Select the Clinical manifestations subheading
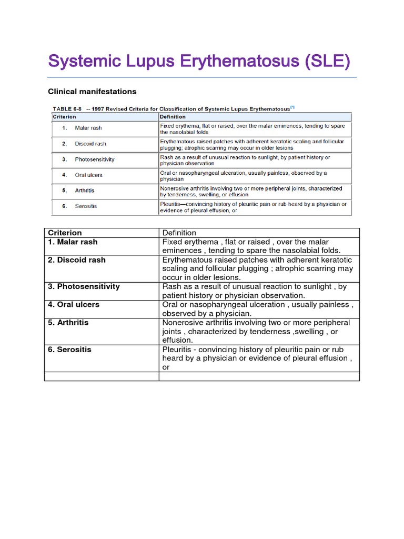[92, 92]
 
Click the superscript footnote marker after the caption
[292, 107]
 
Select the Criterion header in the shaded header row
[64, 117]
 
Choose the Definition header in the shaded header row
[173, 117]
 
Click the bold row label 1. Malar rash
[73, 242]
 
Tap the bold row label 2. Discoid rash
[77, 260]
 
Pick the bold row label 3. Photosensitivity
[84, 287]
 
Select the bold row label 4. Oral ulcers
[74, 305]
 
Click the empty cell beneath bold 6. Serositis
[102, 376]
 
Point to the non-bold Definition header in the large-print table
[179, 233]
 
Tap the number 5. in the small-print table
[64, 191]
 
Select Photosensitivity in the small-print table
[95, 159]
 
